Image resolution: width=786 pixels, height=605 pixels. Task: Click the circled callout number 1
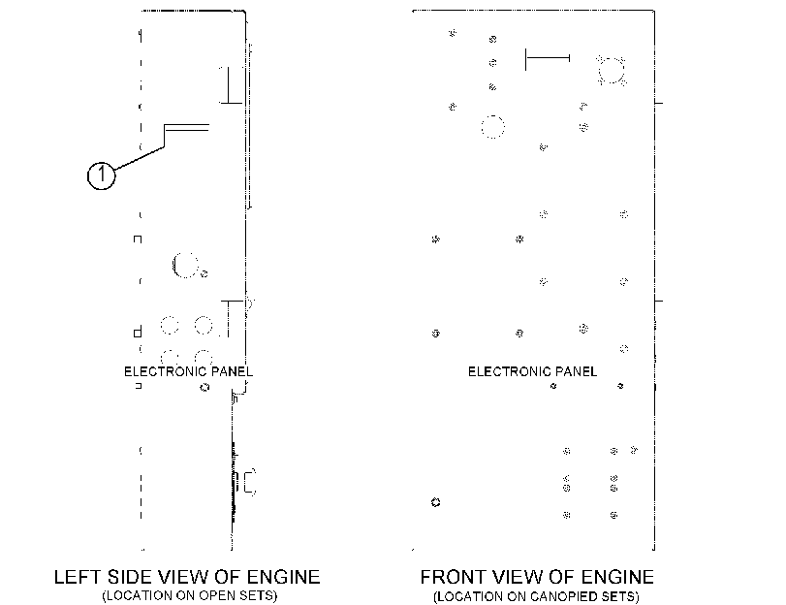pos(101,175)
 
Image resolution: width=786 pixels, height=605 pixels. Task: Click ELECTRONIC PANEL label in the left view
pos(188,371)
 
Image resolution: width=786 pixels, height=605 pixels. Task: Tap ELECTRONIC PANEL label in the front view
pos(532,371)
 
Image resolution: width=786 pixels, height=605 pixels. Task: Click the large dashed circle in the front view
pos(492,127)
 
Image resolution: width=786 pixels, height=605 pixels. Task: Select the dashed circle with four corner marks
pos(612,71)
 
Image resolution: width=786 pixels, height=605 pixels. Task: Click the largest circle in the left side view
pos(184,265)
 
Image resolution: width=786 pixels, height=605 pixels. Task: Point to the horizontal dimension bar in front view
pos(548,58)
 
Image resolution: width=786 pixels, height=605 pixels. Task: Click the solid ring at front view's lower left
pos(435,502)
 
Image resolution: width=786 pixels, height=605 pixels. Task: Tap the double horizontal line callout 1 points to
pos(186,127)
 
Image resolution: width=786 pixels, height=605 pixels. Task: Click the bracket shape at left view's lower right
pos(250,482)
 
